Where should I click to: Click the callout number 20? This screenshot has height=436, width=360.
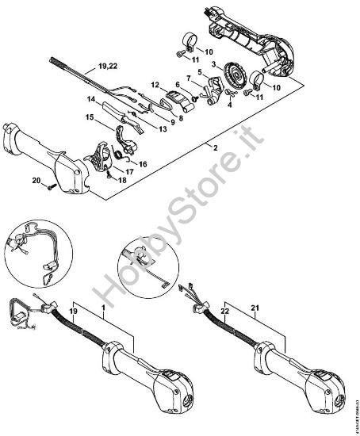[x=36, y=182]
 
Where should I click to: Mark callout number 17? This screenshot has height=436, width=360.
[x=128, y=170]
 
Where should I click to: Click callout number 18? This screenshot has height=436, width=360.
[x=123, y=180]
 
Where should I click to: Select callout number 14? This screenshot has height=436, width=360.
[x=91, y=100]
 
